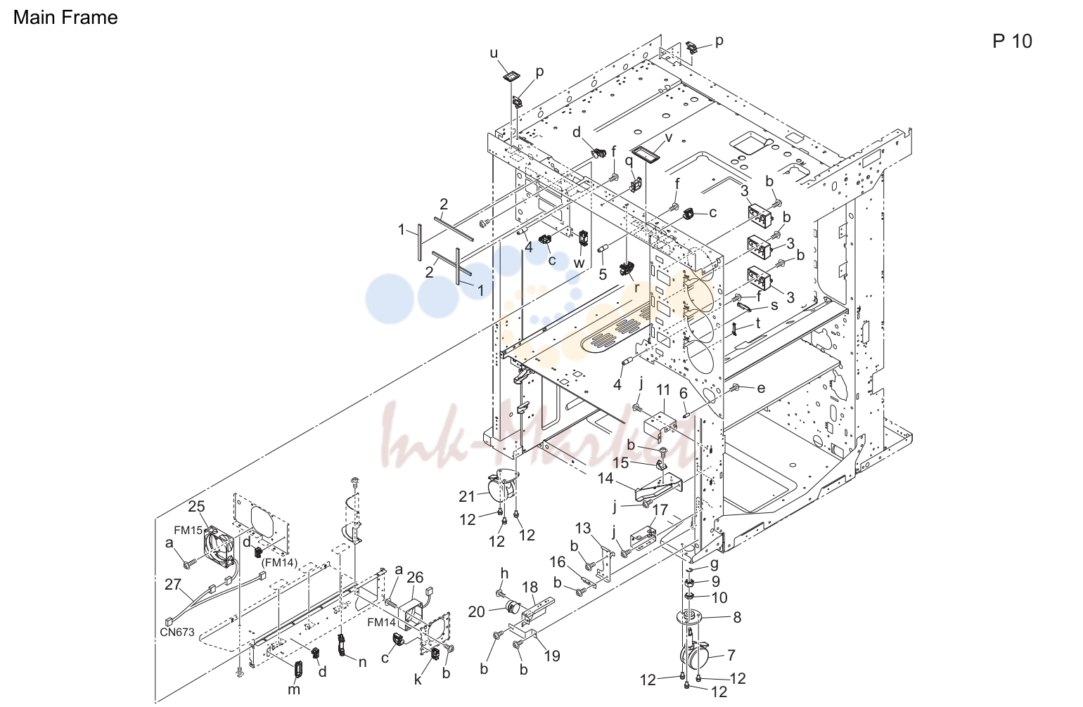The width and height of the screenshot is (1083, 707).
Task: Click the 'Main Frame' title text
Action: point(65,18)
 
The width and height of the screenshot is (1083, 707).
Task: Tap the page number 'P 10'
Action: point(1012,41)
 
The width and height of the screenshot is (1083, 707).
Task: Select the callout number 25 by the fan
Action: point(196,507)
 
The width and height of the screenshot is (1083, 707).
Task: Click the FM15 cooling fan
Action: point(219,547)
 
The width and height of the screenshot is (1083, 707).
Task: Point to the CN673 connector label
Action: point(177,632)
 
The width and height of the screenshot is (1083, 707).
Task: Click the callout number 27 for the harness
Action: point(172,584)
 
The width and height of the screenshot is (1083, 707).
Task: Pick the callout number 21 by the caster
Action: point(467,496)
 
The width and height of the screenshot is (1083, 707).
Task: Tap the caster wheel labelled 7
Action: point(695,655)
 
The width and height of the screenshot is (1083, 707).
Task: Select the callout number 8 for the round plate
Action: point(737,617)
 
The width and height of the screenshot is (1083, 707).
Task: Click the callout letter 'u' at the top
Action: point(494,53)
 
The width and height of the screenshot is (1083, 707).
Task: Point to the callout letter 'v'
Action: point(669,138)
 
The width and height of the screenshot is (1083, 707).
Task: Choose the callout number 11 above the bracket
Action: point(663,390)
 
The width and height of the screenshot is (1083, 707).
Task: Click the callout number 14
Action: point(605,479)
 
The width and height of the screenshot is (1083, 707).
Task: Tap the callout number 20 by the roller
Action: point(476,612)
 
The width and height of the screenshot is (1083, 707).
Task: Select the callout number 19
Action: point(551,656)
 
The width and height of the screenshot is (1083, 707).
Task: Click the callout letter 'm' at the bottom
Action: point(294,690)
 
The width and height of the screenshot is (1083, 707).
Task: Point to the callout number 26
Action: point(415,578)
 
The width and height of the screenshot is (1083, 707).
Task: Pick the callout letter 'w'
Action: point(579,264)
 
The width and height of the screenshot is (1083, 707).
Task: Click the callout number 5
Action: point(603,274)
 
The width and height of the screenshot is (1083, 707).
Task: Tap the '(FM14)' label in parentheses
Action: point(279,562)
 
